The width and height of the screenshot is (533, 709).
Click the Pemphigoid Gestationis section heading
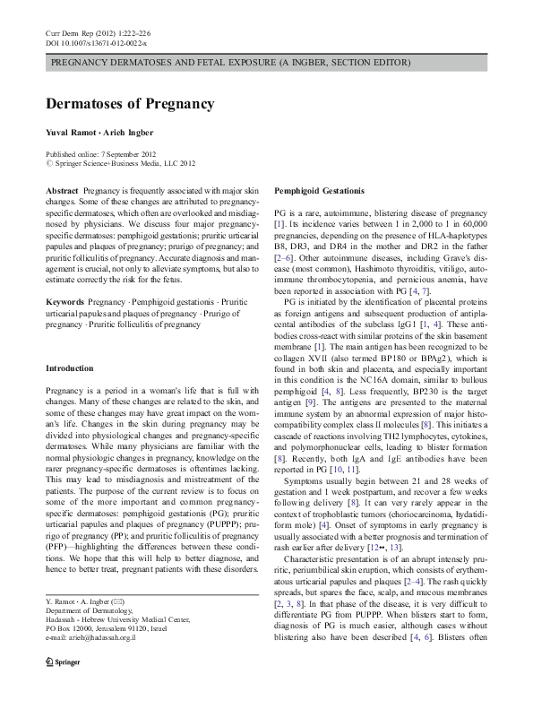pyautogui.click(x=319, y=192)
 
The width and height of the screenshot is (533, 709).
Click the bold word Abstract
pyautogui.click(x=61, y=192)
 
